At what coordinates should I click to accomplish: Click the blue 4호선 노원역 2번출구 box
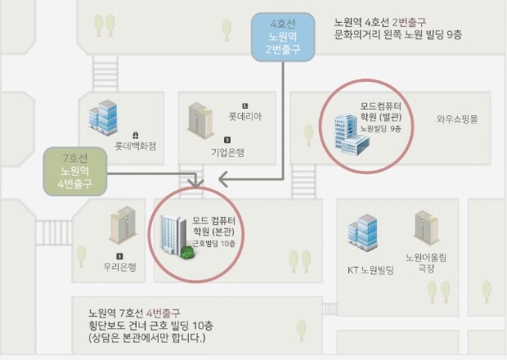tap(283, 38)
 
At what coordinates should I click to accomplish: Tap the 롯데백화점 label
tap(134, 147)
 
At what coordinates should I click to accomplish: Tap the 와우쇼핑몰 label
tap(457, 118)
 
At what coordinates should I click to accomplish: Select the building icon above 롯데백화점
tap(104, 117)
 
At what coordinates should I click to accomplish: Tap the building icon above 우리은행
tap(122, 223)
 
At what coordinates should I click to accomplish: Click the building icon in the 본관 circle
tap(174, 236)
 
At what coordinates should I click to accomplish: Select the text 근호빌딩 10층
tap(214, 243)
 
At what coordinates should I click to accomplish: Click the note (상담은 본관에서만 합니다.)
tap(148, 337)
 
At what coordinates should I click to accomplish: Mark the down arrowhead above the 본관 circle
tap(195, 182)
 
